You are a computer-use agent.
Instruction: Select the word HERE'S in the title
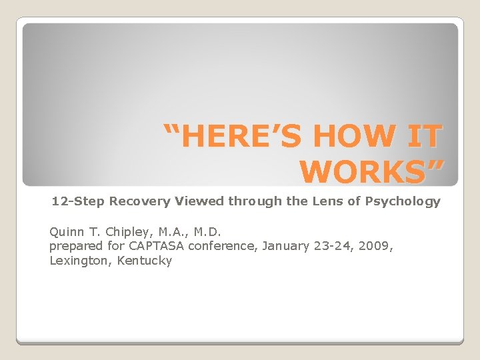click(x=237, y=137)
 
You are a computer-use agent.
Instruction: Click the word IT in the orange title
click(x=423, y=137)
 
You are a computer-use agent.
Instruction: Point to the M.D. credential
click(x=207, y=232)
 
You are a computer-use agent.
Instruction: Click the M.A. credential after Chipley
click(x=171, y=232)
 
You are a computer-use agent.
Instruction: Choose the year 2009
click(x=375, y=246)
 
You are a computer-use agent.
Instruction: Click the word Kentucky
click(x=144, y=261)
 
